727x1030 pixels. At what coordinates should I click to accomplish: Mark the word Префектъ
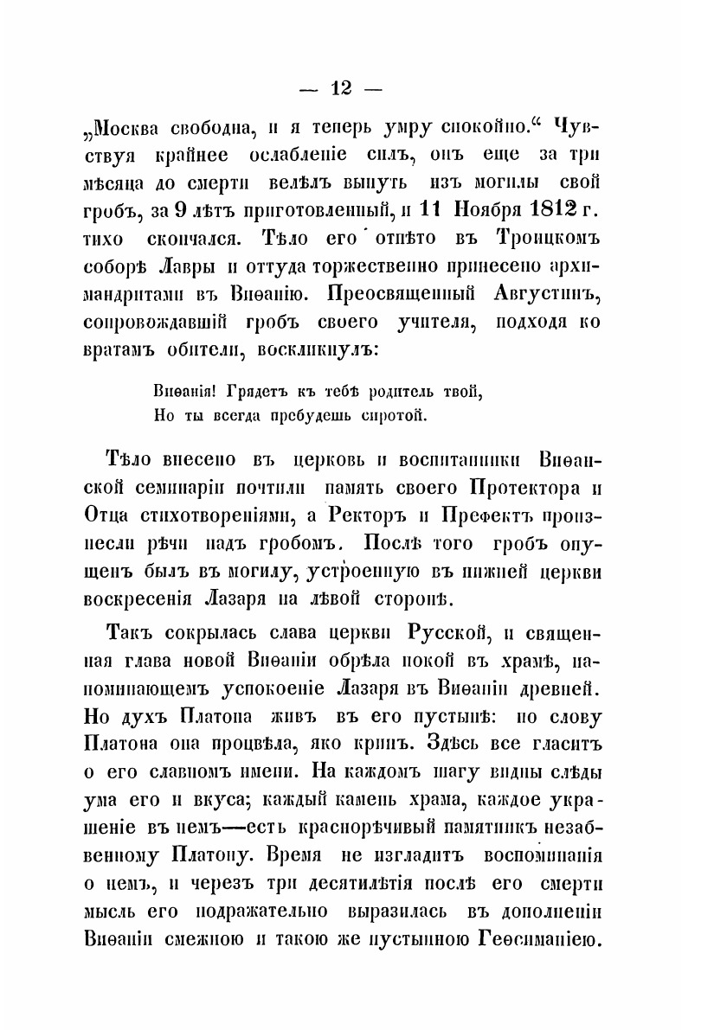(470, 516)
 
